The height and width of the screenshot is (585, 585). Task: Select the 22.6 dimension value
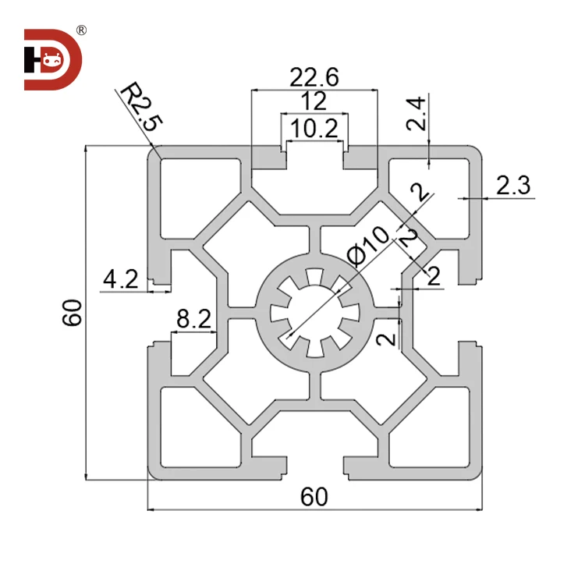click(314, 78)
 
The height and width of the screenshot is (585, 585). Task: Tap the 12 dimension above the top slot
click(314, 101)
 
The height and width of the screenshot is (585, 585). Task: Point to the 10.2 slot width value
click(314, 127)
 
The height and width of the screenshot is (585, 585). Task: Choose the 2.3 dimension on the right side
click(512, 186)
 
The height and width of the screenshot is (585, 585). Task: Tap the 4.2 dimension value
click(121, 278)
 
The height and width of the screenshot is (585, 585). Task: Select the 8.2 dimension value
click(193, 318)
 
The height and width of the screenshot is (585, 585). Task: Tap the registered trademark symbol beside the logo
click(81, 30)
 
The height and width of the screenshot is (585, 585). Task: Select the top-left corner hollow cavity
click(199, 195)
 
